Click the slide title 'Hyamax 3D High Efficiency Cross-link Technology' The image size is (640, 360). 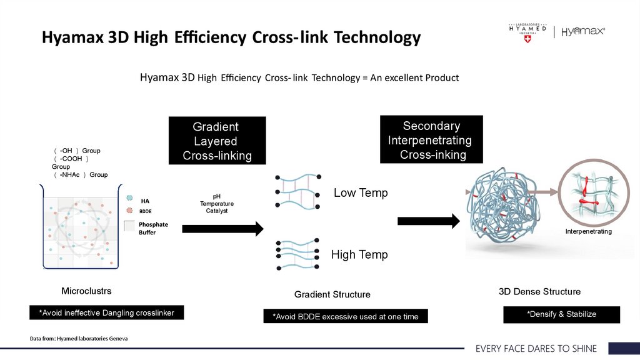(231, 37)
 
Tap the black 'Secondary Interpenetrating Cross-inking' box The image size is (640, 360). (431, 140)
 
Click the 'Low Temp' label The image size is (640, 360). (361, 192)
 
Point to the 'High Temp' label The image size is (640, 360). (359, 254)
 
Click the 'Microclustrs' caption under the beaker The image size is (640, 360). (86, 291)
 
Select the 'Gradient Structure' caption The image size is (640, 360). (332, 294)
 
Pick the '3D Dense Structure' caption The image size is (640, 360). (539, 292)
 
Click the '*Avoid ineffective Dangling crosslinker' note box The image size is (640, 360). (107, 312)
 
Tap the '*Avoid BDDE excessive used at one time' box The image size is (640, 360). (345, 316)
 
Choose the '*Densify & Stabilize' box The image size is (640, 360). (561, 314)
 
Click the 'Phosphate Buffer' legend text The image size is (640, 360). (153, 228)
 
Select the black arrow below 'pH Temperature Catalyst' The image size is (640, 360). (222, 229)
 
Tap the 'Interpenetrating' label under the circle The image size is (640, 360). (588, 232)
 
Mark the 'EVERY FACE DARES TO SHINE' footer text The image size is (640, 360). (536, 349)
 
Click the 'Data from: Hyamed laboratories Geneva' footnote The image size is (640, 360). (79, 339)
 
